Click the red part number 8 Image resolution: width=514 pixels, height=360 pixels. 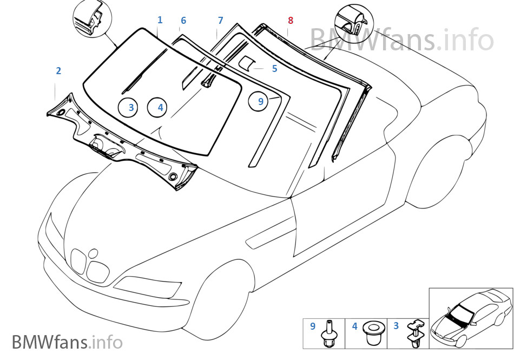point(291,21)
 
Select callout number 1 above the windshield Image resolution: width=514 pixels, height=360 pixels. point(160,20)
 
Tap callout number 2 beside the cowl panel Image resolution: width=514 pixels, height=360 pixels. point(58,70)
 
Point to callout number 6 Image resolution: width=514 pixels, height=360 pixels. point(183,21)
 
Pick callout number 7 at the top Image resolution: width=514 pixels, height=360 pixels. point(220,21)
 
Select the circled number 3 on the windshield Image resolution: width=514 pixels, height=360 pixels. point(131,108)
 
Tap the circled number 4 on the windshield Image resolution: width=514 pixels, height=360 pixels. point(160,108)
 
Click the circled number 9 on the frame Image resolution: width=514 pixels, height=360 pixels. point(260,101)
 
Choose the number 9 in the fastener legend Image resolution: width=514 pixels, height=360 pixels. point(312,326)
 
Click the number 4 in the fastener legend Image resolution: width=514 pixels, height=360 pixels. point(354,326)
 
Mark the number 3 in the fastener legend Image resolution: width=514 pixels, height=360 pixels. point(396,326)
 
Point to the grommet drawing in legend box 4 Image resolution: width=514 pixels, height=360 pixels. point(372,334)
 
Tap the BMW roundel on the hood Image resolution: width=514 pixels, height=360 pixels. point(93,252)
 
